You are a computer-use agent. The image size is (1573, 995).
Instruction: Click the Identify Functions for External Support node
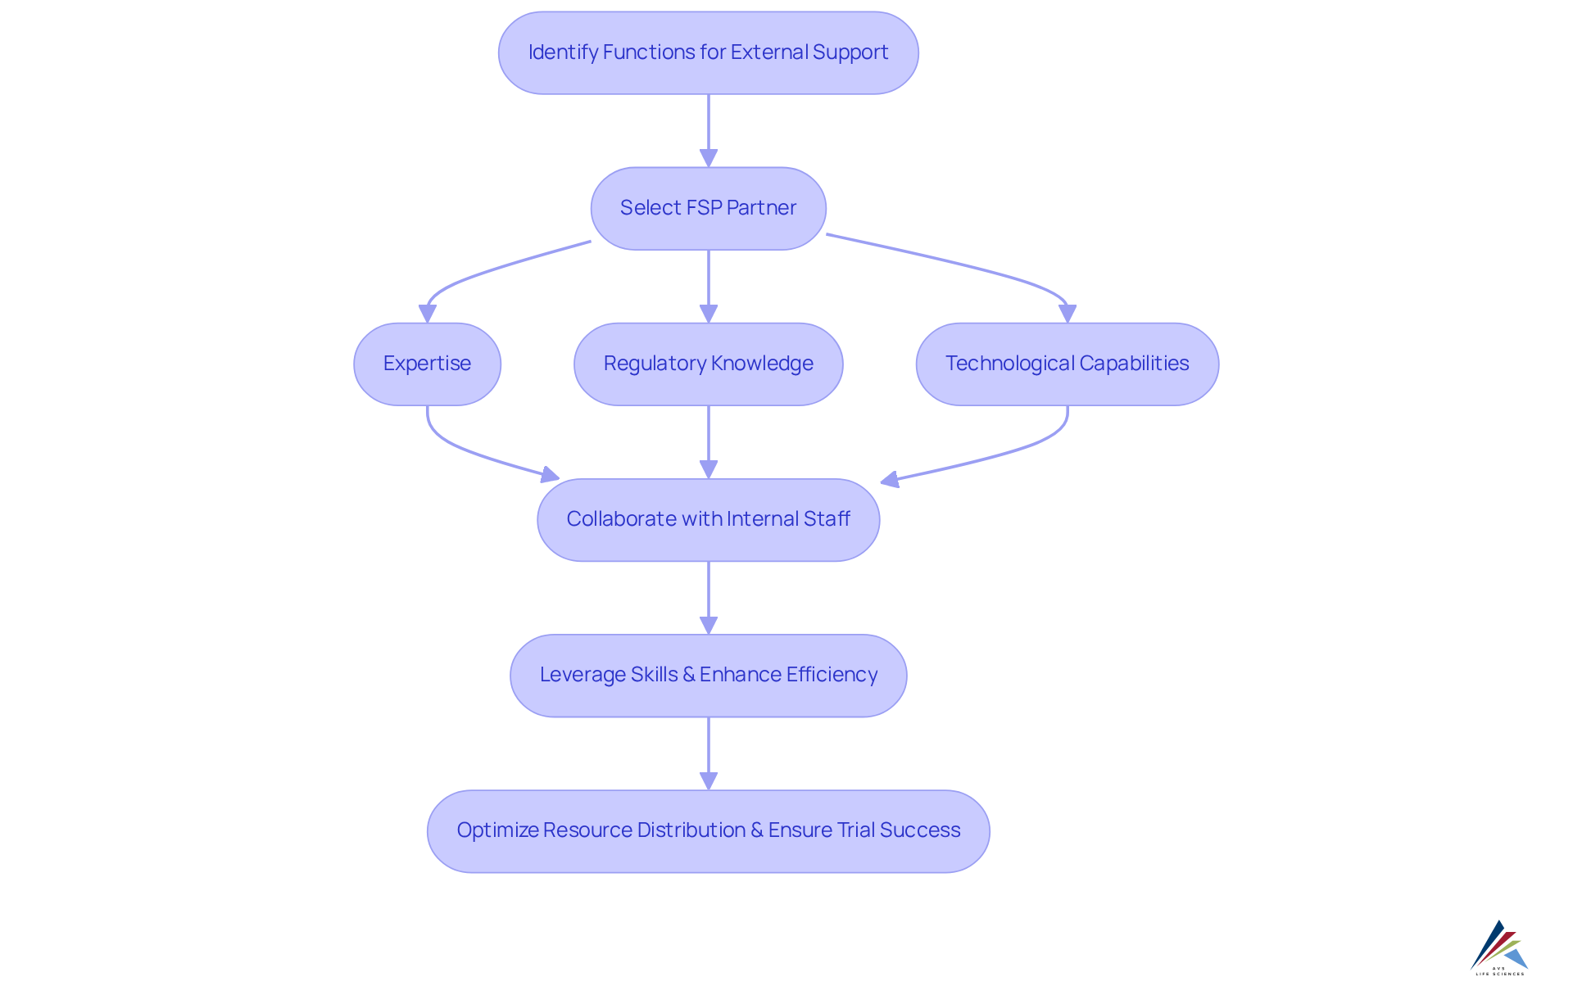coord(708,52)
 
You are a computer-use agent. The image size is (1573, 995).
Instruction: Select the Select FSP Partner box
coord(708,208)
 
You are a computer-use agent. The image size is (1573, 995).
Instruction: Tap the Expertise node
coord(427,364)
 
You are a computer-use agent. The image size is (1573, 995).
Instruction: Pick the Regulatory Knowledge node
coord(708,364)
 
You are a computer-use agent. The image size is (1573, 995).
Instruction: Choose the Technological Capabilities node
coord(1067,364)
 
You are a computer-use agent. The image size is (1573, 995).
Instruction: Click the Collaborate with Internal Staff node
coord(708,519)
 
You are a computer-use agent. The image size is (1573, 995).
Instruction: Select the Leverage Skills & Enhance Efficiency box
coord(708,675)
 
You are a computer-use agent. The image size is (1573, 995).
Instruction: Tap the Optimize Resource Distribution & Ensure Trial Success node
coord(708,830)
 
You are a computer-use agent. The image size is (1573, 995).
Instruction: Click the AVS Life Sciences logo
coord(1499,948)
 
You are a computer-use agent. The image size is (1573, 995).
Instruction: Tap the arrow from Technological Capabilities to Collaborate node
coord(1000,455)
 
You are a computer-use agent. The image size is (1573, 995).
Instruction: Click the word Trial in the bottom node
coord(855,830)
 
